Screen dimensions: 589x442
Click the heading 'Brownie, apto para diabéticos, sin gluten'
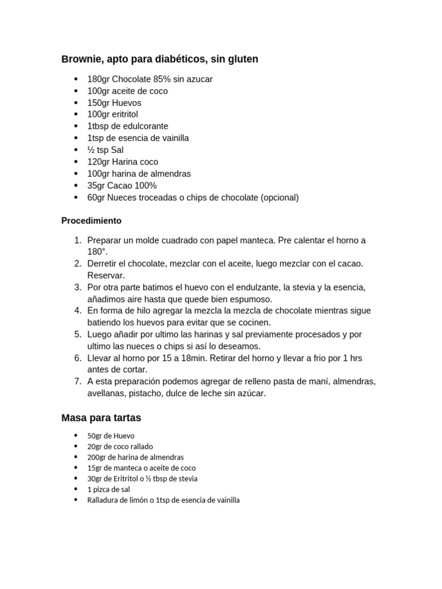159,59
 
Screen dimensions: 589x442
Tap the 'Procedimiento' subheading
92,221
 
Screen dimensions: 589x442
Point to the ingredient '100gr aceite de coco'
127,91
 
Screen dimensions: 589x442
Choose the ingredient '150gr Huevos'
114,103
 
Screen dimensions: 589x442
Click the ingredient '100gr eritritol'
112,114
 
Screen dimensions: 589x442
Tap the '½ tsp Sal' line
105,150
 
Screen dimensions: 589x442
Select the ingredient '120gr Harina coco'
123,162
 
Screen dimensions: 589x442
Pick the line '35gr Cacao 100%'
122,186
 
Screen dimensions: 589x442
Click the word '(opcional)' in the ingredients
280,197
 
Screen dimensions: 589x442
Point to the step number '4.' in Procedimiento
78,311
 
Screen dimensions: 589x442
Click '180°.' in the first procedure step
97,252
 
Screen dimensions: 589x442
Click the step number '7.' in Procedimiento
78,381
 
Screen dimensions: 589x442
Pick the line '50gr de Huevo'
110,436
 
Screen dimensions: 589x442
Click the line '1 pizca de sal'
109,489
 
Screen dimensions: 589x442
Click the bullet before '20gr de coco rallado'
76,446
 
